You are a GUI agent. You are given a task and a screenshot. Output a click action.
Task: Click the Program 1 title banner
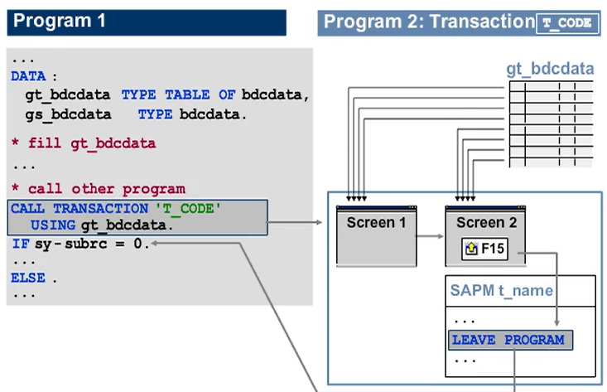point(146,22)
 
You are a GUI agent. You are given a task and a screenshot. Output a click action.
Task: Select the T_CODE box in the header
point(567,23)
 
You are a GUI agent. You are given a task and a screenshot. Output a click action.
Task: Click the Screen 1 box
point(377,236)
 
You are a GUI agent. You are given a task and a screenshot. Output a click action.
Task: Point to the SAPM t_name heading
point(501,291)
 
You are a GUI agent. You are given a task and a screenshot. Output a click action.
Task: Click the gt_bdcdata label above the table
point(550,69)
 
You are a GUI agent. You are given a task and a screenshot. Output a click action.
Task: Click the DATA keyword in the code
point(28,76)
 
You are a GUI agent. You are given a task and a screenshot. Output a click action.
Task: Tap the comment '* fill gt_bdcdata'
point(83,143)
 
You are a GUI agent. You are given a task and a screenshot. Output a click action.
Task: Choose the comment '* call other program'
point(98,189)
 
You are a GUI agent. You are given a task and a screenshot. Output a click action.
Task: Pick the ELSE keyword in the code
point(28,278)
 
